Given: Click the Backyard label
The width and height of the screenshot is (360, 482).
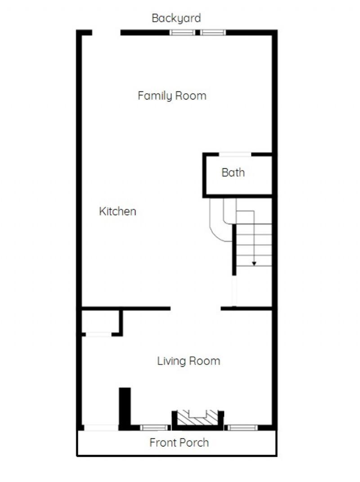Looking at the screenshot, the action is coord(176,18).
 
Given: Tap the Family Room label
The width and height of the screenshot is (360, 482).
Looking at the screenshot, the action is coord(172,95).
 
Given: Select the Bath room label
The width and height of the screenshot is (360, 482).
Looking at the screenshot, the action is coord(233,172).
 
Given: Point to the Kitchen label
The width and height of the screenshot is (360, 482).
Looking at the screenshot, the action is coord(117,211).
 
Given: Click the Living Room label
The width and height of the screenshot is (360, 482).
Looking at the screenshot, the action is coord(189,361).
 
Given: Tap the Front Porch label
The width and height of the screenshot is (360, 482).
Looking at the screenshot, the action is coord(179,442).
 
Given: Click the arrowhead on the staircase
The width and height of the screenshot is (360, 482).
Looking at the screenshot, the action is coord(254,263).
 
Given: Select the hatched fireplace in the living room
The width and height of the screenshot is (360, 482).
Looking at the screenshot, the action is coord(198,418).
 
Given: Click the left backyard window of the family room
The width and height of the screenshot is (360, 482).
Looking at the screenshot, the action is coord(182,32).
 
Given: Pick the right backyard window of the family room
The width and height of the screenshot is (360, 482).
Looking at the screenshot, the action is coord(213,32).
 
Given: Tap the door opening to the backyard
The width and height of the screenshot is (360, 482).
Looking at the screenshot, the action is coord(106,32).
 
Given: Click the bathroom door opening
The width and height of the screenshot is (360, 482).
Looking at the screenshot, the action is coord(235,154).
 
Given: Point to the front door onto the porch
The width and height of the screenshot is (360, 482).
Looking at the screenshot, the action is coord(101,428).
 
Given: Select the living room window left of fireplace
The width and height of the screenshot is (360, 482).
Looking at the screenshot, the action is coord(155,428).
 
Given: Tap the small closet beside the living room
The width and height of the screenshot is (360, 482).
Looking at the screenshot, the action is coord(100,321).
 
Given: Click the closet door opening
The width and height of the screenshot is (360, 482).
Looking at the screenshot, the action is coord(99,334).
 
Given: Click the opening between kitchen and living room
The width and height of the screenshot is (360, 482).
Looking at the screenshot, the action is coord(196,308).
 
